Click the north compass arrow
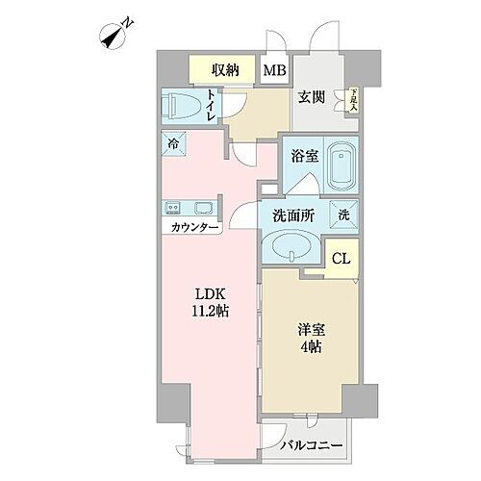pyautogui.click(x=114, y=37)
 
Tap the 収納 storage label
pyautogui.click(x=226, y=70)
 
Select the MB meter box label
pyautogui.click(x=275, y=70)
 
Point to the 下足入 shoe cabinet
pyautogui.click(x=354, y=99)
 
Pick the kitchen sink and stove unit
pyautogui.click(x=190, y=207)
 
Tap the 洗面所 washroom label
pyautogui.click(x=292, y=216)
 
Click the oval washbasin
pyautogui.click(x=291, y=248)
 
